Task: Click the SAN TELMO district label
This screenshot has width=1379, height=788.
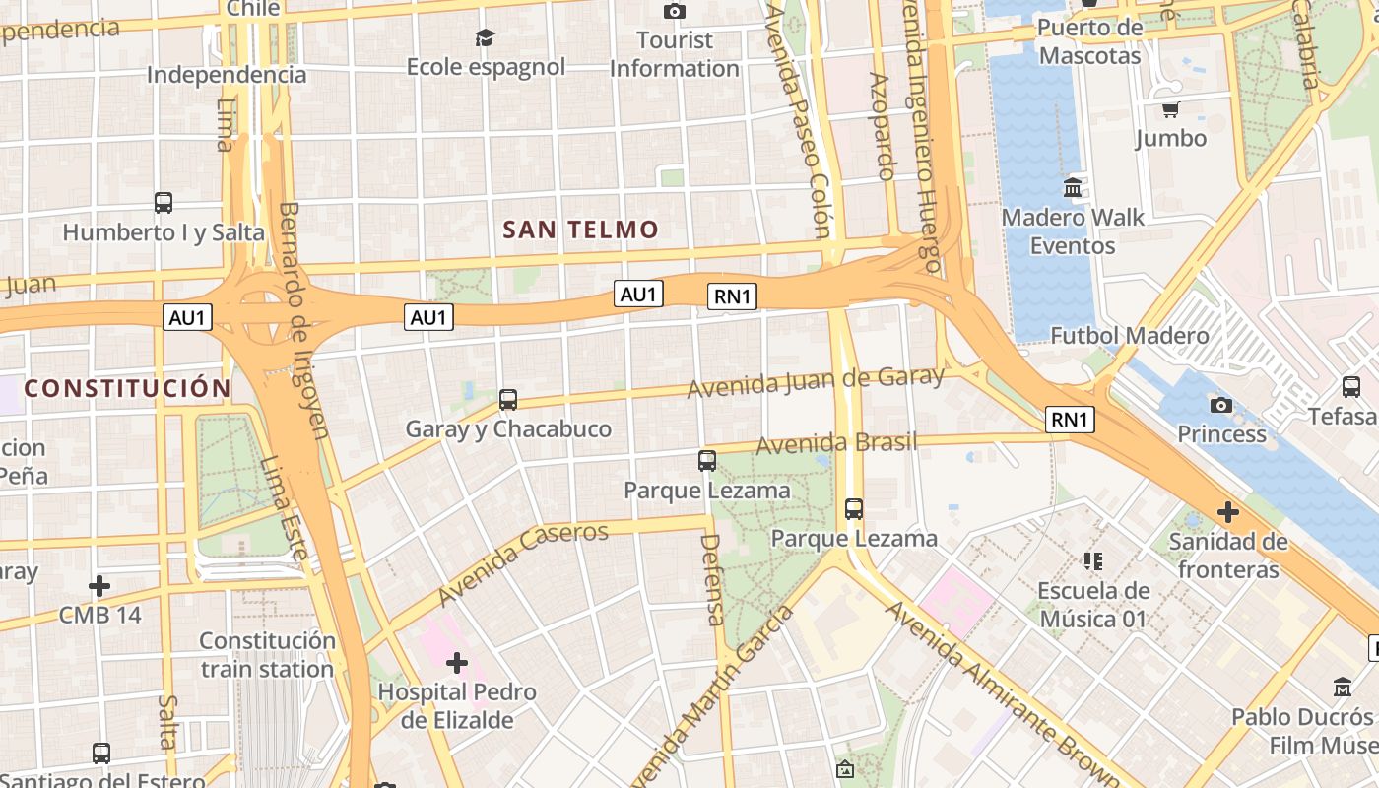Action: (580, 230)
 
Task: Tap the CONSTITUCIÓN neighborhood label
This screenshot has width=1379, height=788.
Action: (127, 388)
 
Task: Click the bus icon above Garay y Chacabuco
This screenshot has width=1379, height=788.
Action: (508, 400)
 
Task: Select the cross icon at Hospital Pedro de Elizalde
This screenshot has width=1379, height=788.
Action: (457, 663)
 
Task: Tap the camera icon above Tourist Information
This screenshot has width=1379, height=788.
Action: (675, 11)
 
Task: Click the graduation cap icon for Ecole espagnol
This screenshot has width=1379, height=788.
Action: (486, 37)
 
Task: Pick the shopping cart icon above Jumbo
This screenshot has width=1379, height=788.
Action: (1170, 109)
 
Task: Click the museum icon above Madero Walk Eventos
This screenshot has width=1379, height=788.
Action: (1073, 187)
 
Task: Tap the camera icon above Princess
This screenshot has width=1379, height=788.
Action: (1221, 405)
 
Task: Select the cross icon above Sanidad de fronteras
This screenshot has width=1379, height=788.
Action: (1227, 512)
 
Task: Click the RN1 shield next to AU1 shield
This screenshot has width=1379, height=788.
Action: (732, 295)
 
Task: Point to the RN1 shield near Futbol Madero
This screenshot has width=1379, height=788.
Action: (1070, 420)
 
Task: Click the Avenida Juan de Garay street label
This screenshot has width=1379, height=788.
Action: (816, 381)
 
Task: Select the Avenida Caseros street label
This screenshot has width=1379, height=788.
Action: (524, 563)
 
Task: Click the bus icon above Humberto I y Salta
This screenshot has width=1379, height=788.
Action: (164, 203)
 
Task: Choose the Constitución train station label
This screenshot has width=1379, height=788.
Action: (267, 654)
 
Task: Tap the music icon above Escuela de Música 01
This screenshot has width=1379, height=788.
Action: (1092, 561)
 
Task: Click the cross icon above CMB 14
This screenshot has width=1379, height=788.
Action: (99, 586)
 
